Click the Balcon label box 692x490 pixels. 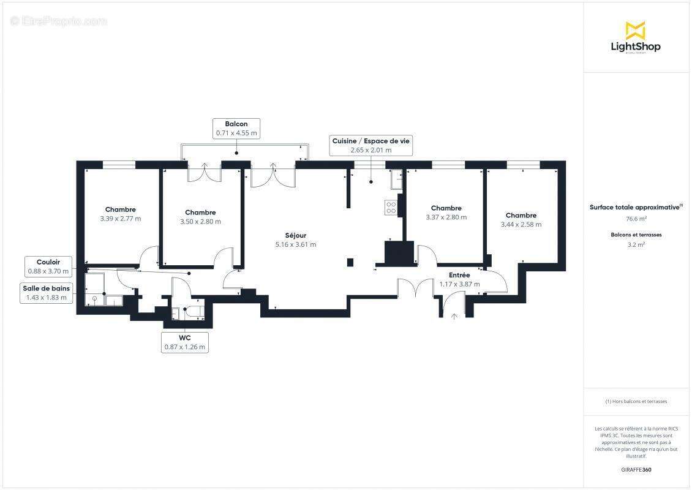coord(236,128)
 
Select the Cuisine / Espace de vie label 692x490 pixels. coord(370,145)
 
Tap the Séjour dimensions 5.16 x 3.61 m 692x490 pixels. coord(296,244)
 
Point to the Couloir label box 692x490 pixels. coord(48,266)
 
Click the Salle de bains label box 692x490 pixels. coord(47,293)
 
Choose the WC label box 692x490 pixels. coord(184,342)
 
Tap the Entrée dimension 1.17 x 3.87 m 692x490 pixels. coord(459,284)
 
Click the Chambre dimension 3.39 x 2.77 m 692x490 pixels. coord(120,219)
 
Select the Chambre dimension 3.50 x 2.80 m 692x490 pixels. coord(200,222)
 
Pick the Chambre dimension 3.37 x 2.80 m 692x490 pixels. coord(446,217)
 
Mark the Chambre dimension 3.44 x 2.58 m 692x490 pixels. coord(521,225)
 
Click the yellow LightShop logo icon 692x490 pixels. coord(635,31)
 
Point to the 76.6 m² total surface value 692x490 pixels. coord(636,219)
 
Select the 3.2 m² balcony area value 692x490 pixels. coord(636,244)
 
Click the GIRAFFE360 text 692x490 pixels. coord(636,470)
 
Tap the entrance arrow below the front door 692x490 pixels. coord(454,316)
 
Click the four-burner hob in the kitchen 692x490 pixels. coord(391,207)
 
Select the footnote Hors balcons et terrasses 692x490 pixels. coord(636,402)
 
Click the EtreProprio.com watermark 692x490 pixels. coord(59,21)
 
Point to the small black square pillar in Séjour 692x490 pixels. coord(350,263)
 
